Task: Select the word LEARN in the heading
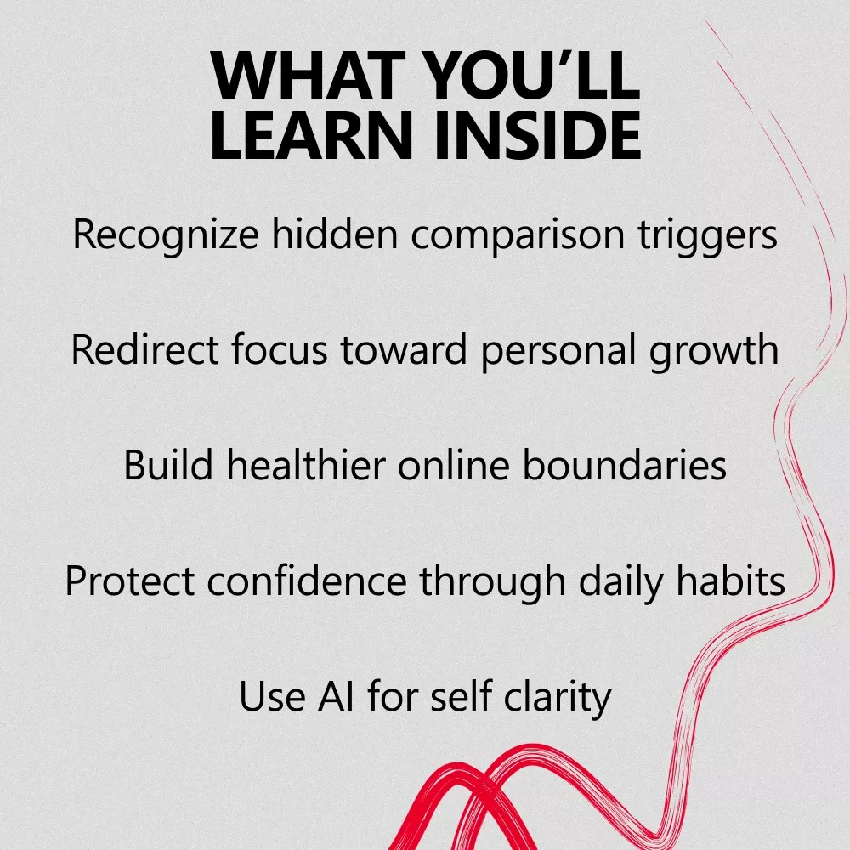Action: coord(311,135)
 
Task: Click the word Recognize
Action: coord(166,235)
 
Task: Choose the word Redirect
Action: coord(144,349)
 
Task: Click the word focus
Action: coord(280,349)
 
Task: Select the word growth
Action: coord(714,351)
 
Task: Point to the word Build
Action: coord(168,465)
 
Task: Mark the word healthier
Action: coord(306,465)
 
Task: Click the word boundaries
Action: coord(625,465)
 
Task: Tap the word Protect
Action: coord(129,581)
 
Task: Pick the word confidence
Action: coord(307,581)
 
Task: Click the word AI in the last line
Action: coord(336,696)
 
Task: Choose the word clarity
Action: coord(558,698)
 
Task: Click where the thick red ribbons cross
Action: coord(484,789)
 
